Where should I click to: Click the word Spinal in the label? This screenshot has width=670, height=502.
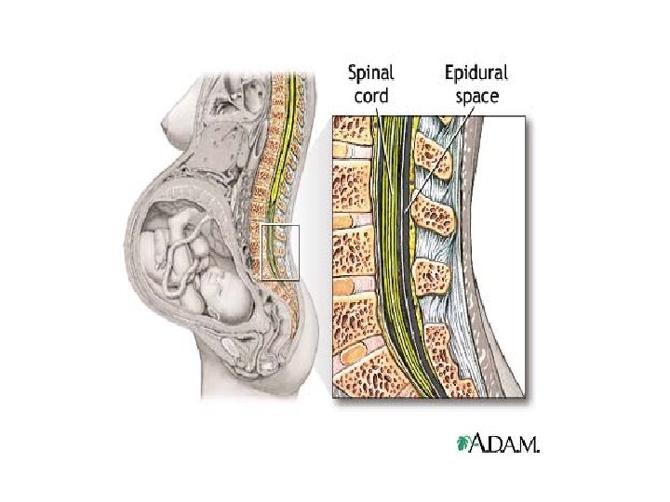(370, 72)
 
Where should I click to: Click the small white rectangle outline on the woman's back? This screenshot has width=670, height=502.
(280, 251)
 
